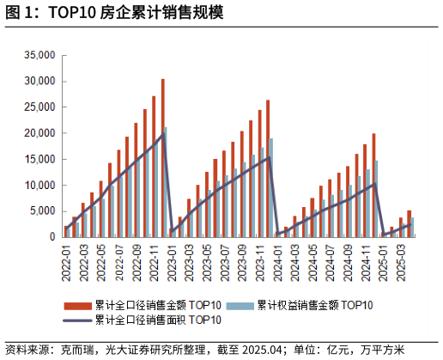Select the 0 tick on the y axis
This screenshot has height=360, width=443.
pyautogui.click(x=52, y=237)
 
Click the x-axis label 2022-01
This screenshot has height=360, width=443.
pyautogui.click(x=66, y=257)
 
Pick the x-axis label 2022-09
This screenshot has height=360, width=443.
pyautogui.click(x=137, y=257)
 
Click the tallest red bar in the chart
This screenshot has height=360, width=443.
pyautogui.click(x=162, y=158)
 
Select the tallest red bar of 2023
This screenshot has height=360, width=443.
pyautogui.click(x=268, y=168)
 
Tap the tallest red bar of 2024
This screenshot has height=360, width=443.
pyautogui.click(x=373, y=185)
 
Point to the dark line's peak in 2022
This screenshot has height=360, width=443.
pyautogui.click(x=164, y=133)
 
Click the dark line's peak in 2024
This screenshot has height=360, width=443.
pyautogui.click(x=373, y=183)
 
